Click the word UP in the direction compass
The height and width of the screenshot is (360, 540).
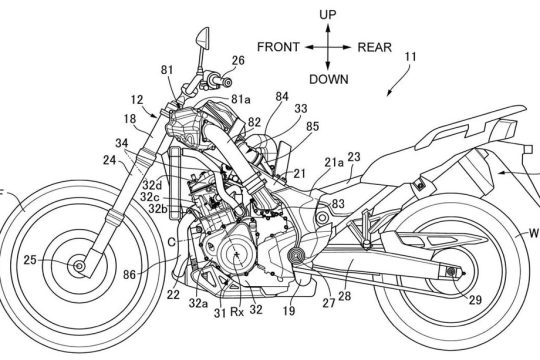[x=328, y=14]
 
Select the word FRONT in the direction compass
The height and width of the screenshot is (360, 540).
[x=278, y=47]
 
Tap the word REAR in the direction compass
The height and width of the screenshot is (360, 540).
[x=375, y=47]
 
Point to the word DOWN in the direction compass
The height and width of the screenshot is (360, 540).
[x=329, y=79]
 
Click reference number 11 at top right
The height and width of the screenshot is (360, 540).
[x=411, y=56]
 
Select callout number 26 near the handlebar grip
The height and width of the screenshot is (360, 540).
[x=238, y=61]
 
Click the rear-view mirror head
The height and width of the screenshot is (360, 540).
[x=203, y=38]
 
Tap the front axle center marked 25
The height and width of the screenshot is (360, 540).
[x=80, y=266]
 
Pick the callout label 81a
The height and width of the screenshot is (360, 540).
[x=240, y=100]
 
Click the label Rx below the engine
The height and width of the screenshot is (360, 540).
[x=237, y=312]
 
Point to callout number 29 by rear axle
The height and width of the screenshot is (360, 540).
[x=475, y=300]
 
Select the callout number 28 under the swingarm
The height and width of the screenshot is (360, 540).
[x=344, y=296]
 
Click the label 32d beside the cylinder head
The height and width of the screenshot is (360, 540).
[x=152, y=185]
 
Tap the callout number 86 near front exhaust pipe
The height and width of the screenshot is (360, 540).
[x=130, y=275]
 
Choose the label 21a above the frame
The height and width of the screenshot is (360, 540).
[x=334, y=162]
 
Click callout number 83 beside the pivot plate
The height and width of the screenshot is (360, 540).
[x=338, y=204]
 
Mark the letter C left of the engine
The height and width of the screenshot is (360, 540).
[x=171, y=243]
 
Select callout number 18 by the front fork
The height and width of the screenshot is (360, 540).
[x=130, y=119]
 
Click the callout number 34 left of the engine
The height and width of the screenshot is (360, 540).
[x=122, y=143]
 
